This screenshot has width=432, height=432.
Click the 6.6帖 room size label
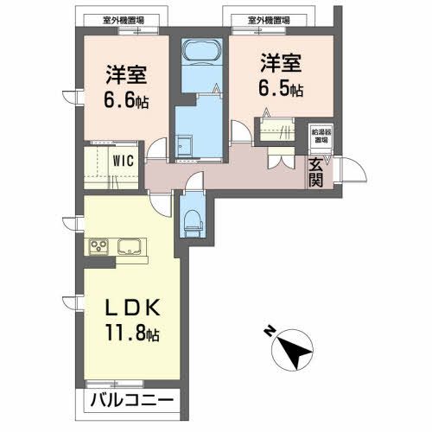click(x=127, y=101)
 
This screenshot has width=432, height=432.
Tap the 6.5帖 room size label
click(x=281, y=89)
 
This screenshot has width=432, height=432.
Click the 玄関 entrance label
click(x=315, y=172)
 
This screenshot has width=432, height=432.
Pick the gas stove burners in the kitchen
click(x=98, y=247)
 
